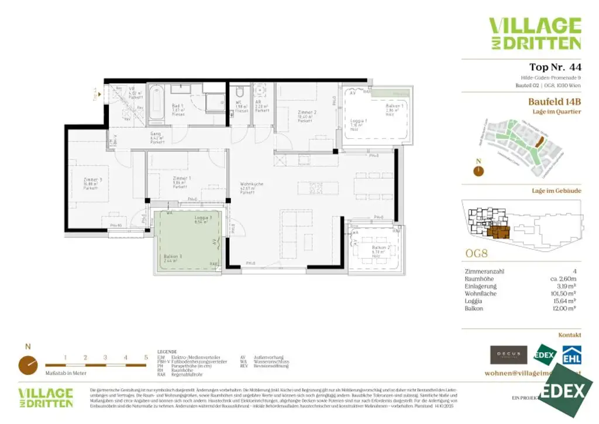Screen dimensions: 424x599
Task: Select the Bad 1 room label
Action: coord(178,108)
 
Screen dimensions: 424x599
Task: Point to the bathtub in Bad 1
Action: coord(156,104)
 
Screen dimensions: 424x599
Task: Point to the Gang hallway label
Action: coord(156,136)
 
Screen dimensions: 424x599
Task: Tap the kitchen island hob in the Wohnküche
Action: coord(314,188)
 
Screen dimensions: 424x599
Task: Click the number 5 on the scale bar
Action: coord(146,357)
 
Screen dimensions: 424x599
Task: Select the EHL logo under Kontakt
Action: coord(571,355)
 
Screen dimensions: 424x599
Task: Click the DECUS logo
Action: coord(508,354)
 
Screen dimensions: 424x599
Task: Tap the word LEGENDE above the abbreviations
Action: coord(167,352)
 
